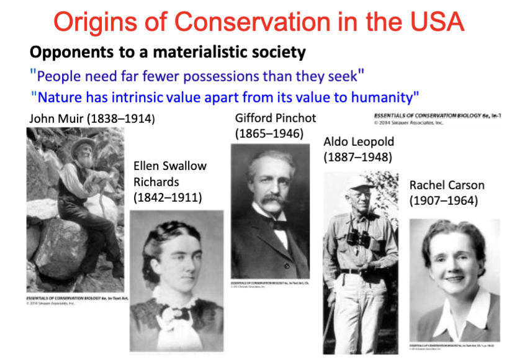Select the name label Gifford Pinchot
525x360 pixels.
(x=276, y=117)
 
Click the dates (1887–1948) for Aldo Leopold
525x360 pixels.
(x=357, y=157)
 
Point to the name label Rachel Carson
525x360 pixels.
(x=447, y=186)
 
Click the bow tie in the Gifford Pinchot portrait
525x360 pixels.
(x=279, y=225)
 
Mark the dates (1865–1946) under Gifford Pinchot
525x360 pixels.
(x=269, y=133)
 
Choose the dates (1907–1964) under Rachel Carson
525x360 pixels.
(x=443, y=201)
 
